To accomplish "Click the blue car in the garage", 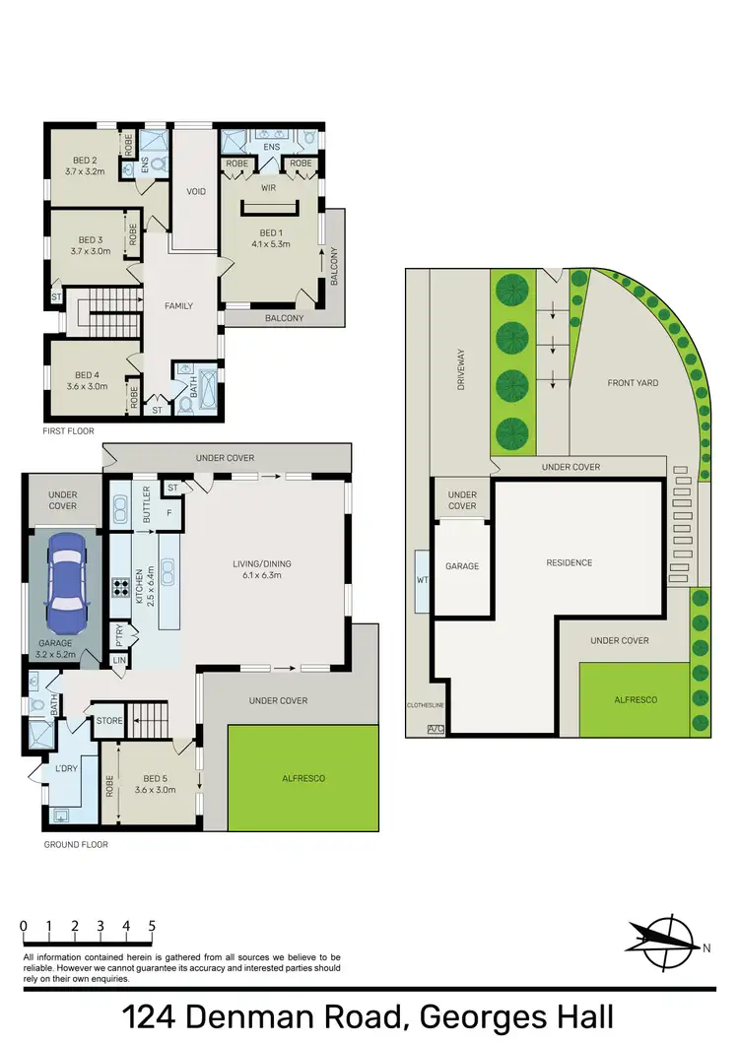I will pos(64,586).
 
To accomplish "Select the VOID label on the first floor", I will pos(196,191).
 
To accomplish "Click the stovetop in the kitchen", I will pos(122,588).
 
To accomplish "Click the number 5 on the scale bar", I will pos(152,926).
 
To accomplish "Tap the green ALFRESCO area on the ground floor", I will pos(303,778).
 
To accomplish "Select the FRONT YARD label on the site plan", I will pos(633,382).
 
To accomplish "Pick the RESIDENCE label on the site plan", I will pos(570,562).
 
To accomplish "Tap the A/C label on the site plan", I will pos(435,729).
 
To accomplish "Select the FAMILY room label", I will pos(178,305).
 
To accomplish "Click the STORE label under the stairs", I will pos(109,721).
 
